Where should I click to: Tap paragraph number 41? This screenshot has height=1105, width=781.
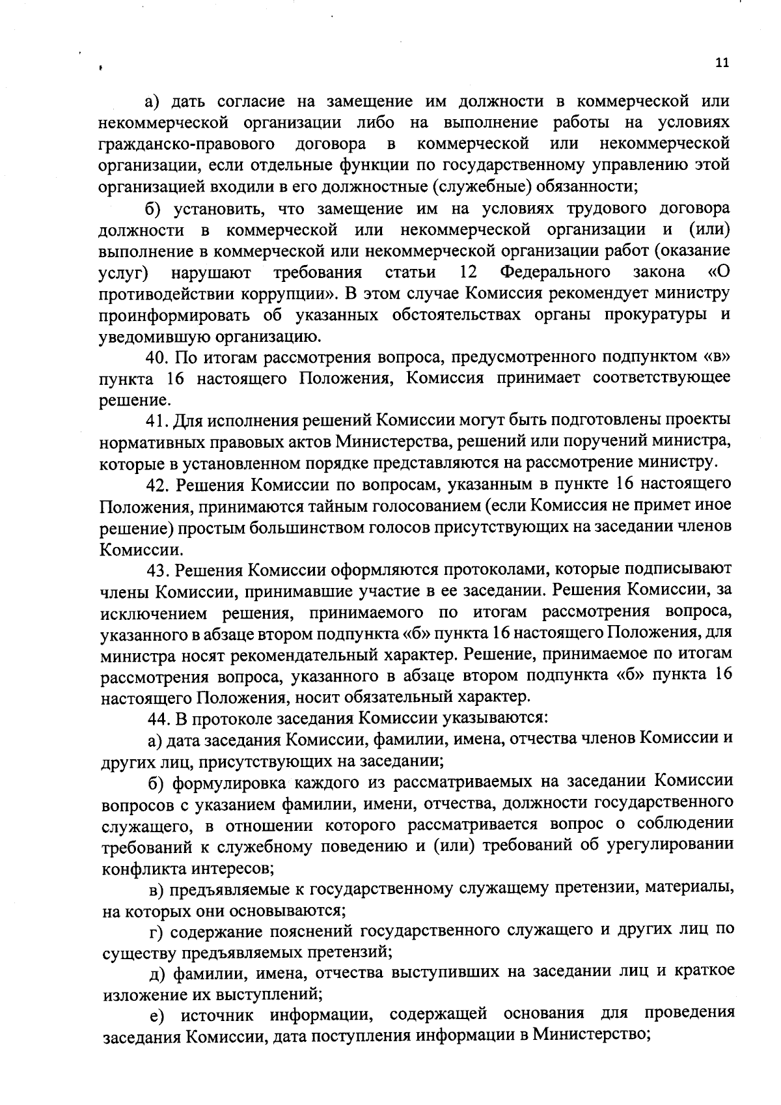[x=156, y=421]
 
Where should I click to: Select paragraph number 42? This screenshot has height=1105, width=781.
[x=156, y=485]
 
